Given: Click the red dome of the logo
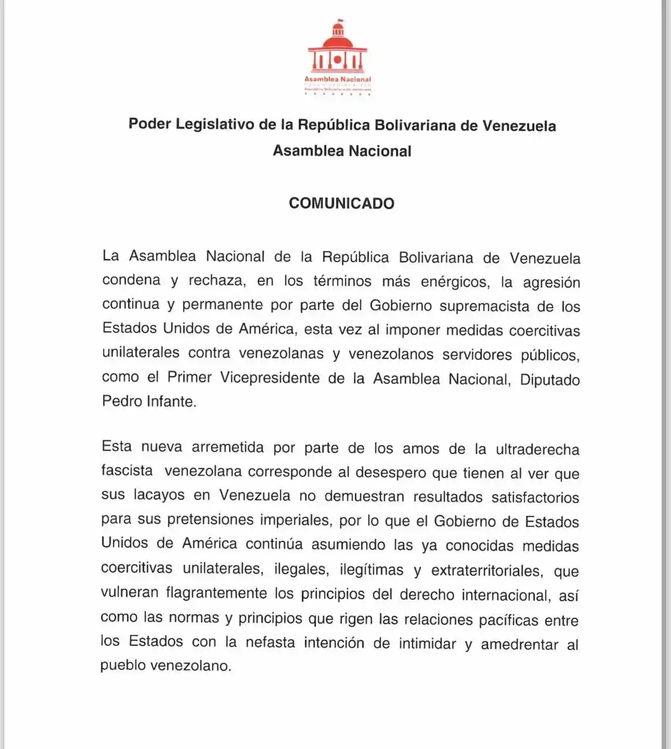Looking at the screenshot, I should click(338, 42).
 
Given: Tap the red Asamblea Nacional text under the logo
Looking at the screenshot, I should click(338, 79).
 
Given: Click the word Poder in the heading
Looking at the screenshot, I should click(149, 124).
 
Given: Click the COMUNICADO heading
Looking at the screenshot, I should click(341, 203).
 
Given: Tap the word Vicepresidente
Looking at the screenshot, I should click(270, 378).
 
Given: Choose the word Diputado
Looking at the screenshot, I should click(550, 379).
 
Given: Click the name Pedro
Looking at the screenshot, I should click(121, 401).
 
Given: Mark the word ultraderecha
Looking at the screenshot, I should click(538, 450).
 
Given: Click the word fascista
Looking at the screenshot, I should click(126, 470).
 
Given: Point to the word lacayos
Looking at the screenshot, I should click(159, 495).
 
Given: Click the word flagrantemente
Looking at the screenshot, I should click(216, 593).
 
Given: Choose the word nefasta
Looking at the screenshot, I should click(270, 642).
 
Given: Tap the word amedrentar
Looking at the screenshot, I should click(519, 644).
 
